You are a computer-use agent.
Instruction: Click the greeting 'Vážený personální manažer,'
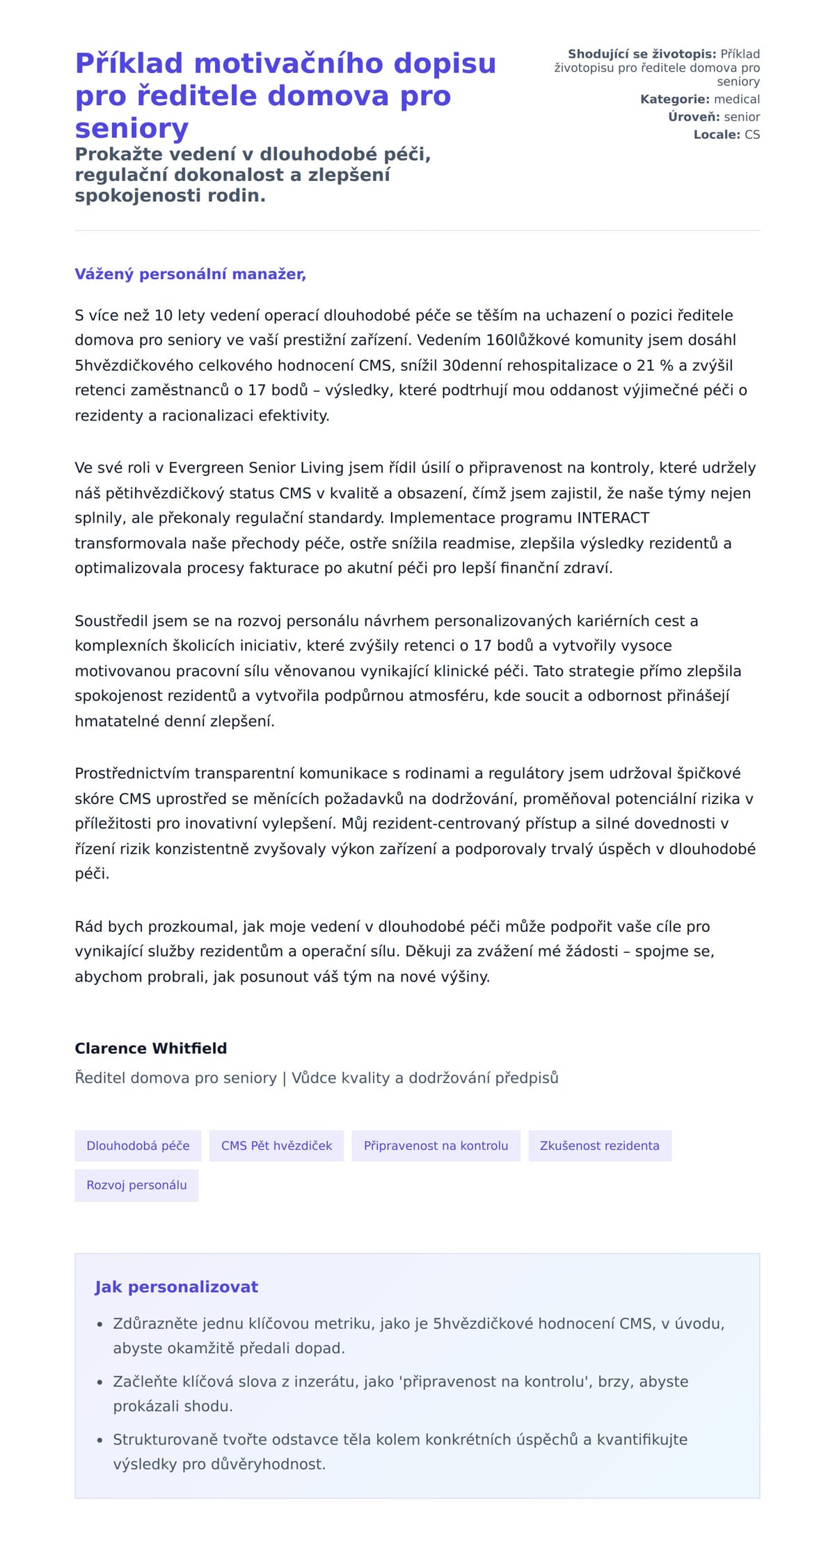(190, 274)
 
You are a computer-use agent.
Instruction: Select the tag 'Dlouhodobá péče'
(138, 1146)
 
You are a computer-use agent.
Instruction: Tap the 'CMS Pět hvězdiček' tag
(276, 1146)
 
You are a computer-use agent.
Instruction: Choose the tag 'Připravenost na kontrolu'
(436, 1146)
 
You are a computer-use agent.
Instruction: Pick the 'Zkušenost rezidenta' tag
(599, 1146)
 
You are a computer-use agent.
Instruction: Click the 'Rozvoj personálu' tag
(136, 1185)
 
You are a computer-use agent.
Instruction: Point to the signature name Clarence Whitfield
(151, 1048)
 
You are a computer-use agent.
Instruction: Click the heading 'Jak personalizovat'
(176, 1287)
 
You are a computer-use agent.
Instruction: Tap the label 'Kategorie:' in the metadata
(675, 100)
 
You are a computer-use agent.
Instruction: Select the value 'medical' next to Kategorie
(737, 100)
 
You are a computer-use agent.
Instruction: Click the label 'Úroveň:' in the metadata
(694, 117)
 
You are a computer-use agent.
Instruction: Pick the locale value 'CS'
(752, 135)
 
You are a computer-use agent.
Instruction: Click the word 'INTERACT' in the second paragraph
(613, 518)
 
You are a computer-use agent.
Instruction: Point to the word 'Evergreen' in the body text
(208, 468)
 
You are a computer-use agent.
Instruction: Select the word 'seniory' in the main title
(132, 129)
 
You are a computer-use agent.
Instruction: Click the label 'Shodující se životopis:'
(642, 54)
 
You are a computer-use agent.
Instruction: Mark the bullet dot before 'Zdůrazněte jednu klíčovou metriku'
(100, 1325)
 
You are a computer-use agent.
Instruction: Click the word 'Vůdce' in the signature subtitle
(312, 1078)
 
